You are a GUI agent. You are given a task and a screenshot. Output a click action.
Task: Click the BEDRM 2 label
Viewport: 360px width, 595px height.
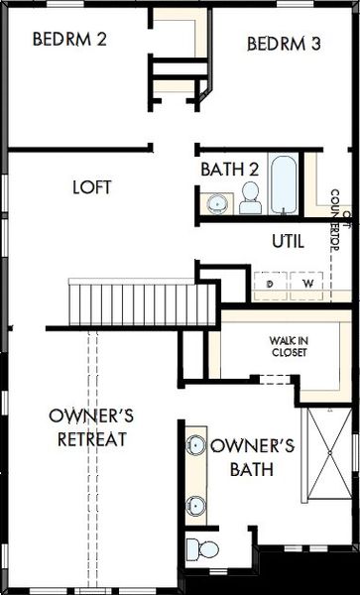click(x=69, y=41)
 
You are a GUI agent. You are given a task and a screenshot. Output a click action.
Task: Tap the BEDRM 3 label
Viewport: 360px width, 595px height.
click(x=284, y=44)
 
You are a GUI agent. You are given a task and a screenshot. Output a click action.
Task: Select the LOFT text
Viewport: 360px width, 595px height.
click(x=92, y=185)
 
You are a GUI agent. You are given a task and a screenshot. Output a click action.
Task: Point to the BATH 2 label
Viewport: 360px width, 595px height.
click(x=230, y=170)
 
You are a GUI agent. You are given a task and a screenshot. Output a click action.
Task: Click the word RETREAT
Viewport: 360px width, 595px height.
click(x=92, y=438)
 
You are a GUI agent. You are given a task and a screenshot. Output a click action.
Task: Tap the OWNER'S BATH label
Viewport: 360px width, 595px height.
click(x=253, y=457)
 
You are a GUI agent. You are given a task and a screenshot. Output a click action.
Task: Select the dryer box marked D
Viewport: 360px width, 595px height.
click(x=269, y=284)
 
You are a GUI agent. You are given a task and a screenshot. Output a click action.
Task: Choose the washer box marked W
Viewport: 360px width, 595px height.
click(x=307, y=284)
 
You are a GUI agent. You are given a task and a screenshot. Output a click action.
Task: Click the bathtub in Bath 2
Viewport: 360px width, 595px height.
click(x=284, y=182)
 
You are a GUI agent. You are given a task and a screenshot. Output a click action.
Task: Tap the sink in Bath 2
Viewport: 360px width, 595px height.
click(x=216, y=203)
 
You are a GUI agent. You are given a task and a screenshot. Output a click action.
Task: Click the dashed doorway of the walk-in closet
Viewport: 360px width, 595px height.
click(x=274, y=379)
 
